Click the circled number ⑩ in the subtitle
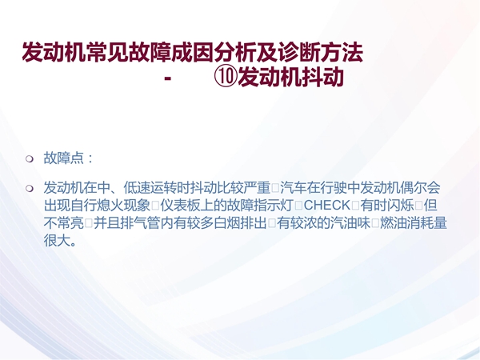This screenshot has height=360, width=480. click(226, 77)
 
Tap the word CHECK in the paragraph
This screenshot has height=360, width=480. click(327, 206)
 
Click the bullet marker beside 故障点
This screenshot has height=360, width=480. click(30, 159)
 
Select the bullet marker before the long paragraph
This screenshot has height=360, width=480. click(30, 188)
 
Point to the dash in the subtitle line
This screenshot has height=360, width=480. click(167, 78)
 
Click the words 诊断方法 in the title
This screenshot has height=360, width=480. click(321, 52)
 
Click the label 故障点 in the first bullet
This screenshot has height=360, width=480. click(64, 158)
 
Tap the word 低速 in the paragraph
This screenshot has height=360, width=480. click(137, 188)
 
